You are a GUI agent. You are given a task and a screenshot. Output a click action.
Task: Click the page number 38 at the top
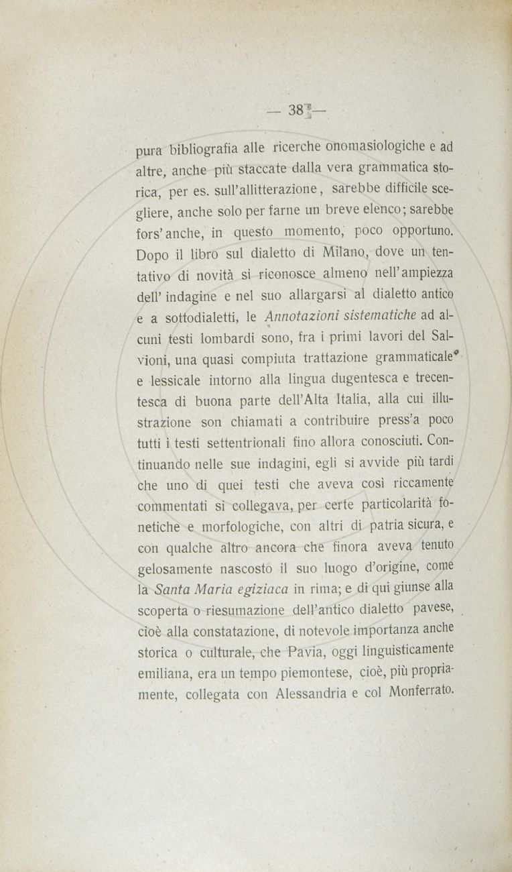click(296, 111)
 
